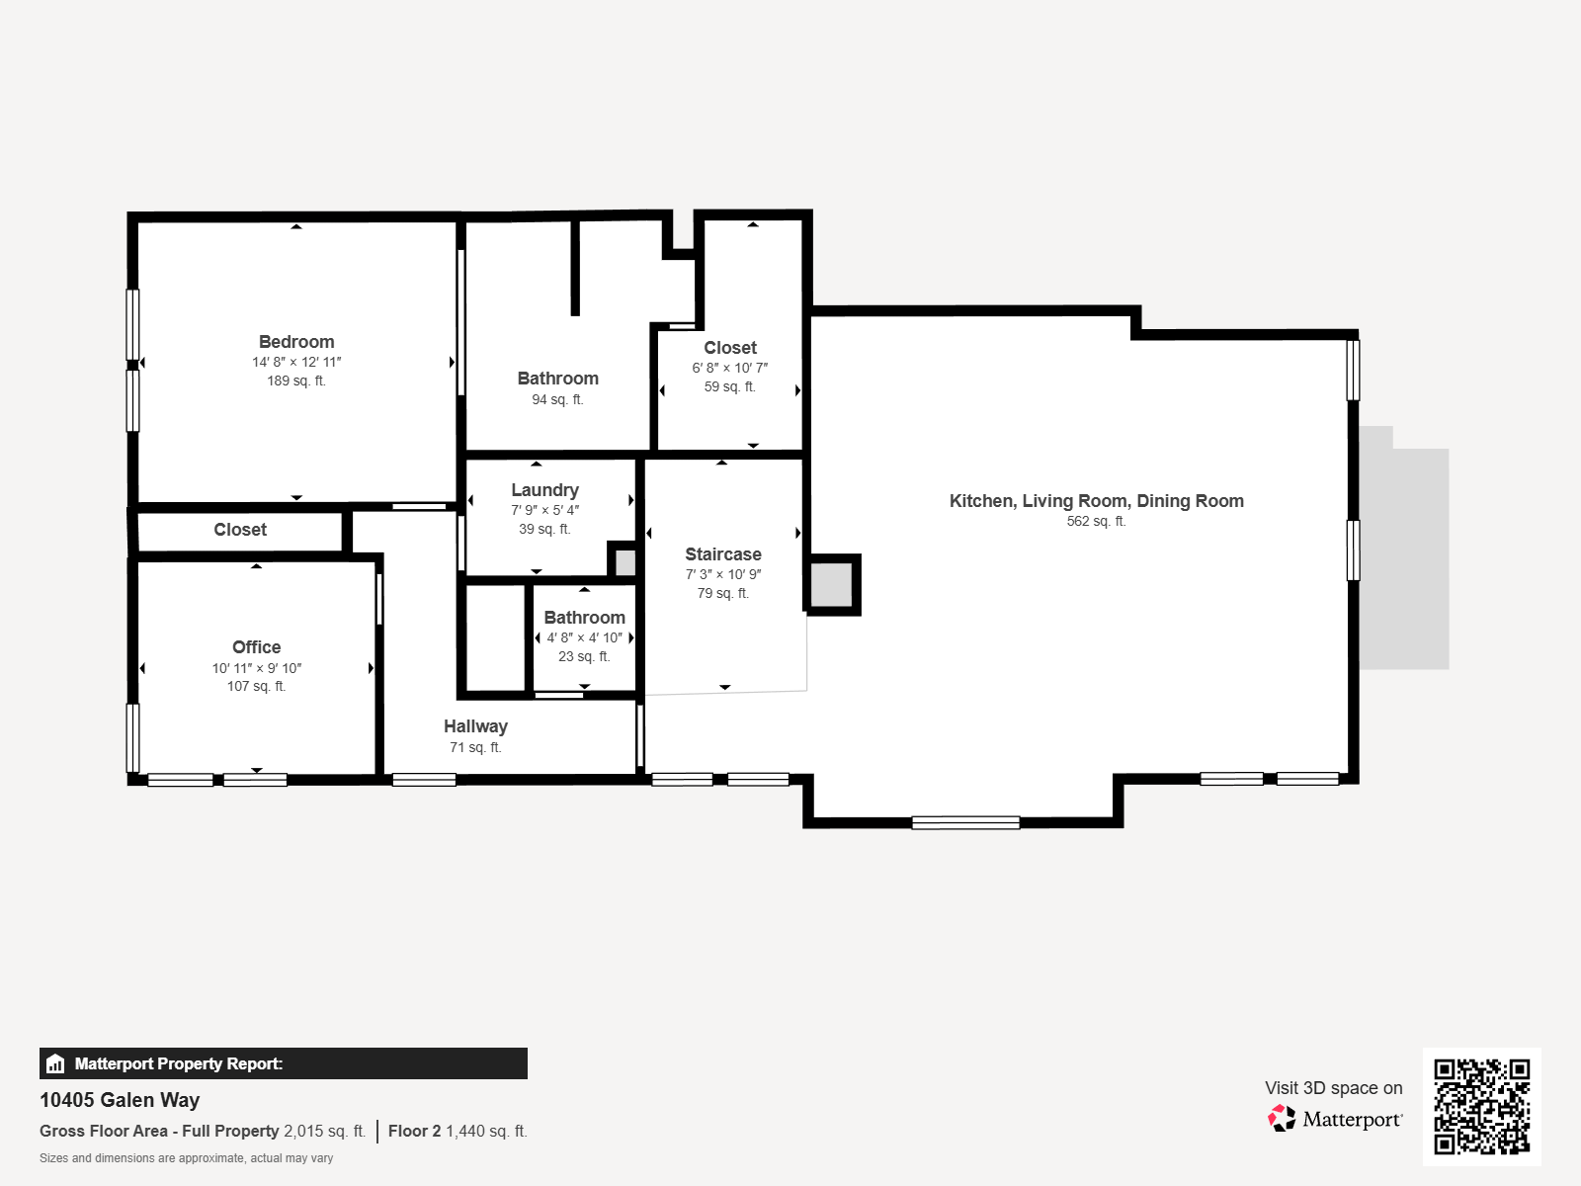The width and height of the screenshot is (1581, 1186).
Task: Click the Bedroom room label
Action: (296, 342)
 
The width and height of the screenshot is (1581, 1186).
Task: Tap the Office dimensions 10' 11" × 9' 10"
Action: (257, 668)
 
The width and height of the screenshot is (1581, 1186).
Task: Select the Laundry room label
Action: (544, 490)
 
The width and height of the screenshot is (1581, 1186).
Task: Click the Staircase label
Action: (723, 554)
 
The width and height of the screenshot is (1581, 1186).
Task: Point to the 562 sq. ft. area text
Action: (1096, 522)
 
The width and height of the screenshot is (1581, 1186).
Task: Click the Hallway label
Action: (475, 726)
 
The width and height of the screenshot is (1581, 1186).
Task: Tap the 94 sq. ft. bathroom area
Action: (557, 400)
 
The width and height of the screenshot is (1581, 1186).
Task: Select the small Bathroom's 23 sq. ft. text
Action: (584, 657)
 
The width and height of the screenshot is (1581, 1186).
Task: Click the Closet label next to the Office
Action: (240, 530)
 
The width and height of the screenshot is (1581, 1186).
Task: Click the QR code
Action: (1481, 1106)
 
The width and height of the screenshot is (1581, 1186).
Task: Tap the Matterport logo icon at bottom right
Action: (1282, 1119)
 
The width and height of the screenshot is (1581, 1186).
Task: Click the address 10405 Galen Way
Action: (120, 1100)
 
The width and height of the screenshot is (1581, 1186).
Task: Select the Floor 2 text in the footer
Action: (414, 1132)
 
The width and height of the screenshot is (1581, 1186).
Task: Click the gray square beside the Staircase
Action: (831, 585)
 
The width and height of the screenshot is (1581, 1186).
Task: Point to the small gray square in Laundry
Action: (624, 562)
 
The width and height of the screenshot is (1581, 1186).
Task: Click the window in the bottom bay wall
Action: (965, 822)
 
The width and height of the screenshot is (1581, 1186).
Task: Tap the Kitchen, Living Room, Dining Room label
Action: (1096, 501)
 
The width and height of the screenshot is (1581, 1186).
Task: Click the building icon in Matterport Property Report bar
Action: (55, 1064)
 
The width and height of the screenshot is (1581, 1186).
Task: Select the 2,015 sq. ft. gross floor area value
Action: (324, 1132)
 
